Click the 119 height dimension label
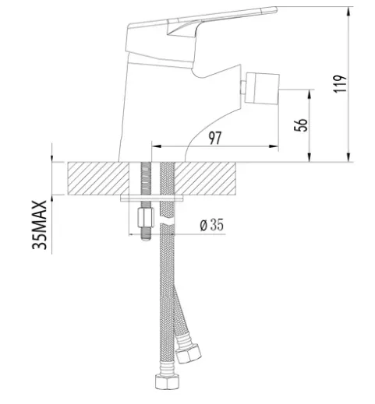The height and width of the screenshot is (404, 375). point(340,83)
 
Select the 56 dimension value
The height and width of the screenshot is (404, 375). point(301,125)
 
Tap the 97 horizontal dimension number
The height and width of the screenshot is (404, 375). point(215,138)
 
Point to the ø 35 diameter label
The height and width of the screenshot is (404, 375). point(211,225)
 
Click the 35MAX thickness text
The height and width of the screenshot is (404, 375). point(40,225)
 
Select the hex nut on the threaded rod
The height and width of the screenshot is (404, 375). point(146,217)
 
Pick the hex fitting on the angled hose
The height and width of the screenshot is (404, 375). point(189,353)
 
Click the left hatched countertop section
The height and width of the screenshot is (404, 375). point(98,178)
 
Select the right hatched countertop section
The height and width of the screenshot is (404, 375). point(205,178)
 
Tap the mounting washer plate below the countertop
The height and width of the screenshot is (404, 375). point(152,198)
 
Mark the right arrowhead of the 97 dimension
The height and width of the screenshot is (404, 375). point(274,146)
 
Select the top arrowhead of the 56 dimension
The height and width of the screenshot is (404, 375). point(310,94)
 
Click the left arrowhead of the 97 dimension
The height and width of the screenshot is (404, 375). point(157,146)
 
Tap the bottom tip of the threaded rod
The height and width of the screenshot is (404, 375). point(146,240)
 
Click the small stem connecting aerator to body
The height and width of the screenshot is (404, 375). point(243,88)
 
